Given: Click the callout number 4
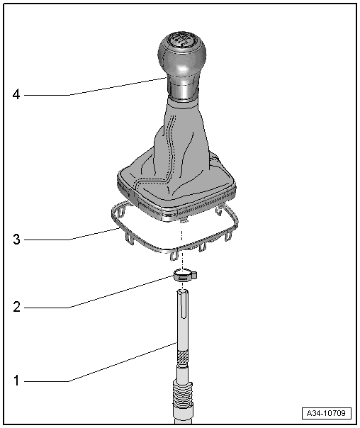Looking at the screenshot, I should pyautogui.click(x=16, y=94).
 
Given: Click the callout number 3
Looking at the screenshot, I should pyautogui.click(x=16, y=240).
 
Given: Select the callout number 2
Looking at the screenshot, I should pyautogui.click(x=16, y=308).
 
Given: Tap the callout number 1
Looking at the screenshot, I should pyautogui.click(x=16, y=381).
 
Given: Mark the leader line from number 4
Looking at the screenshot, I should pyautogui.click(x=113, y=86).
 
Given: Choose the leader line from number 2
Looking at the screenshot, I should pyautogui.click(x=120, y=292).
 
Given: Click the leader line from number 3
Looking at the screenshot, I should pyautogui.click(x=92, y=235).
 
